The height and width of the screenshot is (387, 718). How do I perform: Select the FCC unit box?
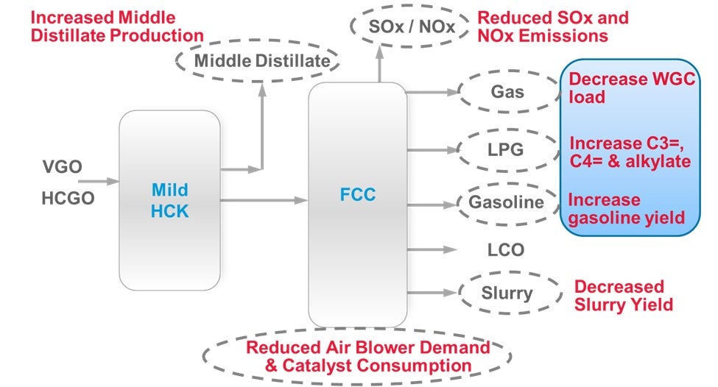tap(357, 204)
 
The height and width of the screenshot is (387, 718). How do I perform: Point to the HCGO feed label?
tap(68, 198)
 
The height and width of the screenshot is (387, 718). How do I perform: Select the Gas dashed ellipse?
tap(507, 93)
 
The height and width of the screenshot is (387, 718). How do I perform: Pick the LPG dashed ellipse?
tap(507, 149)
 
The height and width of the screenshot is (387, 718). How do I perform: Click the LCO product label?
tap(507, 250)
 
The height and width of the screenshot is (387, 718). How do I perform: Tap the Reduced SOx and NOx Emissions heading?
tap(553, 26)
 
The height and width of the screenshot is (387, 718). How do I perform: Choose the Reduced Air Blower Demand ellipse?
tap(357, 356)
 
